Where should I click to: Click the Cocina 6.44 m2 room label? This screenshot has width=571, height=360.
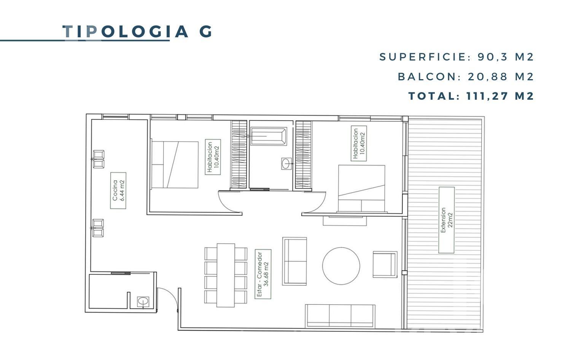point(118,190)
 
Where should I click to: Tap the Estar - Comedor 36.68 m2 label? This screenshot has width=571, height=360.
point(263,274)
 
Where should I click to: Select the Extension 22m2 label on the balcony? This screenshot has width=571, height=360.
point(447,220)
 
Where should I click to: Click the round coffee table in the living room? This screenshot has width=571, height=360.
point(341,266)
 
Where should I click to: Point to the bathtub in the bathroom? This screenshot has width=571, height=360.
point(269,136)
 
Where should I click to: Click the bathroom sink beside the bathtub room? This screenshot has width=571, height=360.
point(286,164)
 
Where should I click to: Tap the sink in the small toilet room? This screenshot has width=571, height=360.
point(143,302)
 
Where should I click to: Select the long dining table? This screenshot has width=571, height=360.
point(226,276)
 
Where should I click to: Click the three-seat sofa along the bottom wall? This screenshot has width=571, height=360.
point(340,316)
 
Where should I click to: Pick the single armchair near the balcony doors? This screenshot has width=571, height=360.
point(385,264)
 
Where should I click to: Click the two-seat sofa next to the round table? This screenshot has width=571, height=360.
point(295,261)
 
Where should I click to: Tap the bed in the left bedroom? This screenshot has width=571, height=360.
point(175,165)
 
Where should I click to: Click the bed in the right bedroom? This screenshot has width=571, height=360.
point(361,188)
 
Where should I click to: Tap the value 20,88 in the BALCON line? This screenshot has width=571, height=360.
point(488,77)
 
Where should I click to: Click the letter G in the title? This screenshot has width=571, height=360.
point(205,32)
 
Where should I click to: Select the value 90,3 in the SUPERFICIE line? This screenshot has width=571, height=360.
point(493,57)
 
